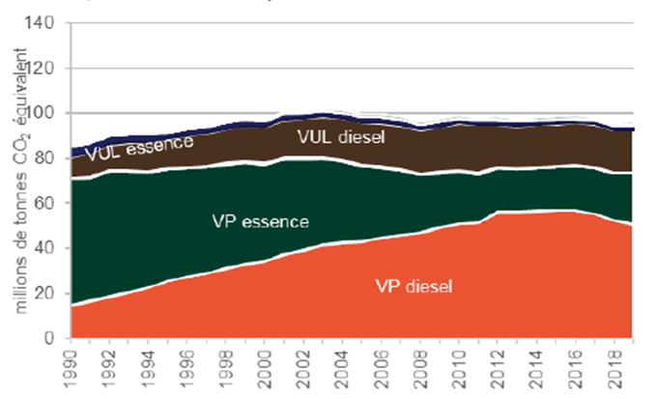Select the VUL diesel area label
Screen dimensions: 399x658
coord(340,137)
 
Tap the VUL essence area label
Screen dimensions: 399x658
coord(138,146)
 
